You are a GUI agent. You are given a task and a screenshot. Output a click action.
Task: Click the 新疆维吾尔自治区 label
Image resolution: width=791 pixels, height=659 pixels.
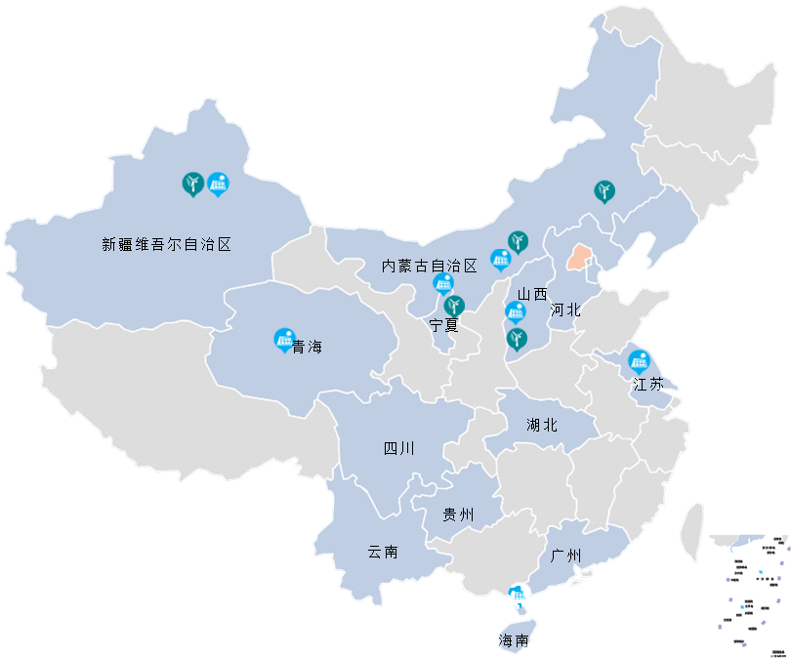coord(166,245)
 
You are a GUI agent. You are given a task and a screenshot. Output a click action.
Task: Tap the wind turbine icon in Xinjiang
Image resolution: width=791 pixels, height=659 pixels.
coord(193,183)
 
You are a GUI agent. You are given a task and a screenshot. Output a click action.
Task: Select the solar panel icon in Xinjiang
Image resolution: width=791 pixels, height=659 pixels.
coord(218,183)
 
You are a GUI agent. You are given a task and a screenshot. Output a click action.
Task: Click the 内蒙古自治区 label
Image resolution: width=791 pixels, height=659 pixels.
coord(429,266)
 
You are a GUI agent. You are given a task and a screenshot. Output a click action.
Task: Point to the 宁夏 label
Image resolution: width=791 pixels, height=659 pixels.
coord(444,325)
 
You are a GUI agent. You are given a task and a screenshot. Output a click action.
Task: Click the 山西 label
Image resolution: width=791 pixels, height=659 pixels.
coord(532,293)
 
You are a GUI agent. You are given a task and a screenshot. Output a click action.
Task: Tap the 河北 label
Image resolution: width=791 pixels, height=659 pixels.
coord(565,309)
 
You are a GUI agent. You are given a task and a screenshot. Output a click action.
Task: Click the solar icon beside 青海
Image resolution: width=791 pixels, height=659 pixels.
coord(284,339)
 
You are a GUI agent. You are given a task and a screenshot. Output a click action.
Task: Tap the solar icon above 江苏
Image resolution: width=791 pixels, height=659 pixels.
coord(639,360)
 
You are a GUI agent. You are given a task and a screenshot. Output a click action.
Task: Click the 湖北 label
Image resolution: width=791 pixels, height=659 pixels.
coord(541,425)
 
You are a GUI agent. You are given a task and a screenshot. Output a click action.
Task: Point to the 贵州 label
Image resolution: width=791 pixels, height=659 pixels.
coord(458,515)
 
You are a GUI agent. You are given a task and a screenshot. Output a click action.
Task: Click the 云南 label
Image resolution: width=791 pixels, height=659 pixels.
coord(382,552)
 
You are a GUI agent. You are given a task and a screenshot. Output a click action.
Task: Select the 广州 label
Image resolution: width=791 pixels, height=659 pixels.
coord(566,556)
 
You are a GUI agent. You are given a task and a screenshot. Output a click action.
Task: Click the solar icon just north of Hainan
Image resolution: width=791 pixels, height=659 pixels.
coord(519,594)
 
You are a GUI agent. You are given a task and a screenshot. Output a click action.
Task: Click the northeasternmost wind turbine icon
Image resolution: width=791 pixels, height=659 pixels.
coord(604,190)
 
